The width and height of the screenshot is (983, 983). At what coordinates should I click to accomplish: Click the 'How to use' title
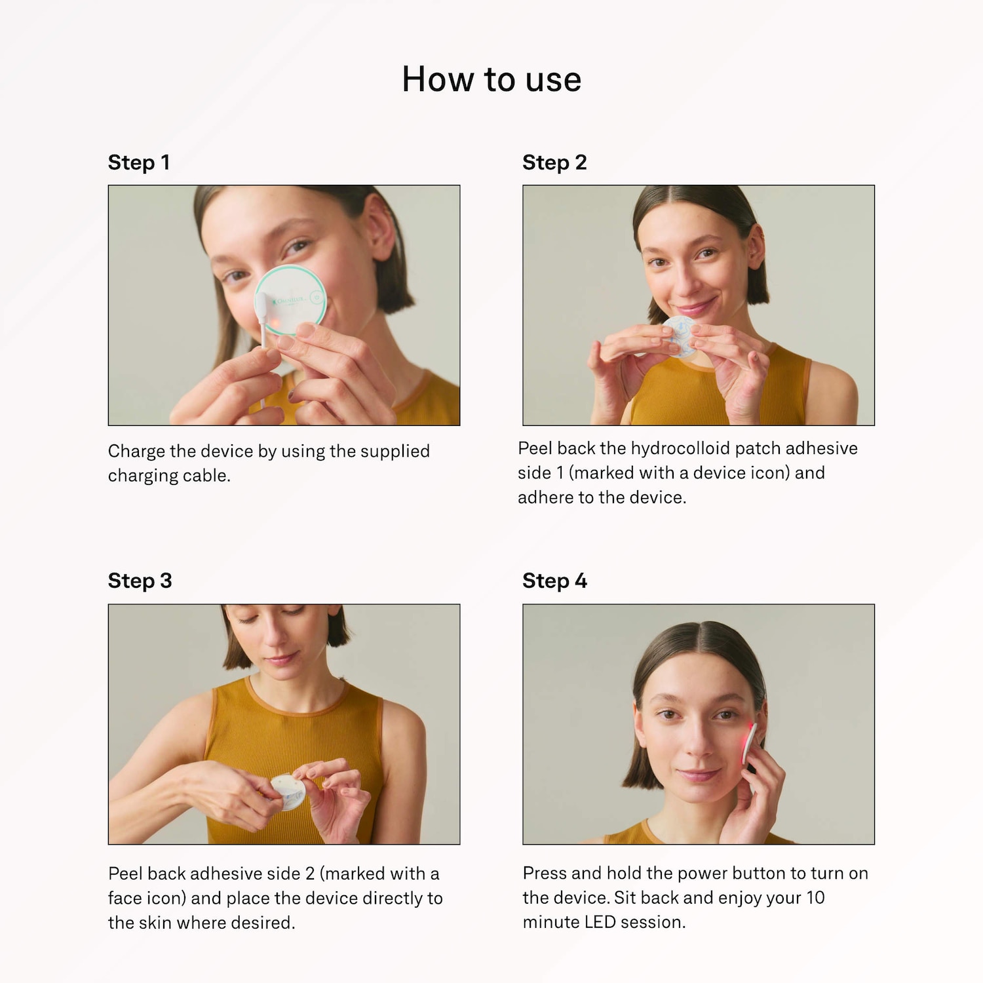tap(491, 79)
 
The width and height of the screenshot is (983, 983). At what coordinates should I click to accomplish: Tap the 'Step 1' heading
tap(139, 163)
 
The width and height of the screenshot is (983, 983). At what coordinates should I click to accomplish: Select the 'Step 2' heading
tap(554, 163)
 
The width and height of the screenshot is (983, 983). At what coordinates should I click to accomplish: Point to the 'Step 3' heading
tap(140, 581)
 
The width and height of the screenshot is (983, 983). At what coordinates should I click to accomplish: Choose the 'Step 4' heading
tap(554, 581)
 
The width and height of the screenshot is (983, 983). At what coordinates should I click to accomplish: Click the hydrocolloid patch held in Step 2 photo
tap(680, 336)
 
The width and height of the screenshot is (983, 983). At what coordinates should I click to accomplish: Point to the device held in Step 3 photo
tap(288, 791)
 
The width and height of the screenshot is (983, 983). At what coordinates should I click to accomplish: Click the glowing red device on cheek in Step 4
tap(748, 743)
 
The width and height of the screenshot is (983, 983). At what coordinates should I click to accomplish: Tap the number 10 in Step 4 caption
tap(815, 897)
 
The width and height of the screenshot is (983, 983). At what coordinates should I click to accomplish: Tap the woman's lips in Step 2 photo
tap(696, 305)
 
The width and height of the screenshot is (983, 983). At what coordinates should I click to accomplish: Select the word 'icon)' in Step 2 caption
tap(770, 473)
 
